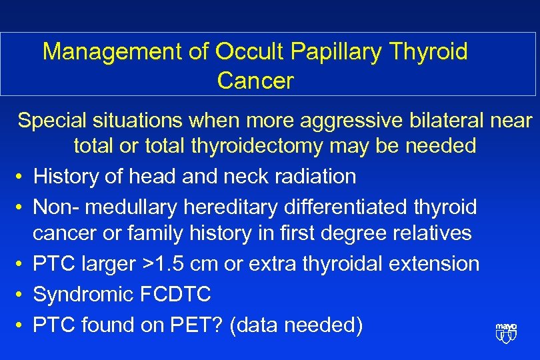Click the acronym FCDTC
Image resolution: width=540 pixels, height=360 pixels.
click(x=176, y=295)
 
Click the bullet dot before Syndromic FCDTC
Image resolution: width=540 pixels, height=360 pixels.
click(x=22, y=295)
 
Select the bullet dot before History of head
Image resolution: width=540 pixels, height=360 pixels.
click(x=22, y=177)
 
